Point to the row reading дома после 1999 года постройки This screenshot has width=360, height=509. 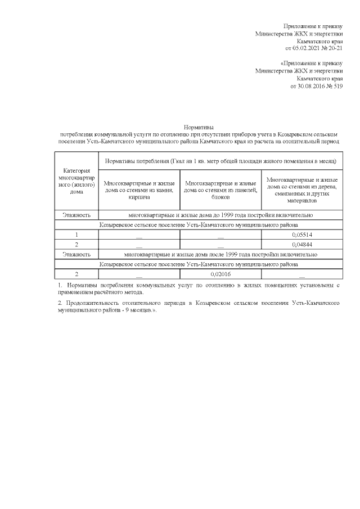220,254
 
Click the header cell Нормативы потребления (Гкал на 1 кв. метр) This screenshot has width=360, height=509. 220,161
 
